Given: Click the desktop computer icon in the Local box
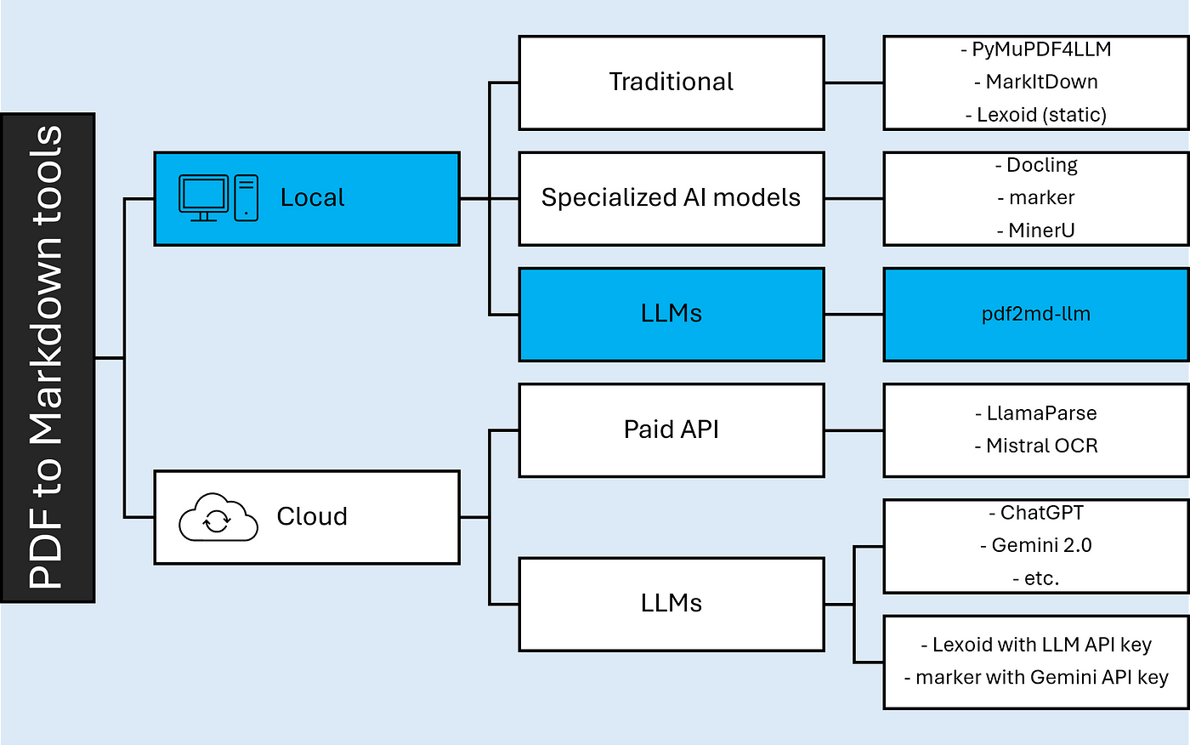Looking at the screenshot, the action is coord(218,197).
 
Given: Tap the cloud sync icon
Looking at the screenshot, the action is coord(218,517).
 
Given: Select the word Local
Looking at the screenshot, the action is coord(313,197).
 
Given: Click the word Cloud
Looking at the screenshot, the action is coord(312,516).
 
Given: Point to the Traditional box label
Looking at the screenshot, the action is coord(671,82).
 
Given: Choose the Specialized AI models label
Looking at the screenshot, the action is coord(671,197).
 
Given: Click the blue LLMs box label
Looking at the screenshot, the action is coord(671,314).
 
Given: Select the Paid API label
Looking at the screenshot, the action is coord(671,429).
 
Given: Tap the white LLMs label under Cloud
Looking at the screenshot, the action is coord(671,603).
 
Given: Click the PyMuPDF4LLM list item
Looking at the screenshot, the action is coord(1036,49).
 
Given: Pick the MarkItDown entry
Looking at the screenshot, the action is coord(1036,82).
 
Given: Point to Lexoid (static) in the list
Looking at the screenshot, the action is coord(1036,115).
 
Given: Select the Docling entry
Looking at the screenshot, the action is coord(1036,165).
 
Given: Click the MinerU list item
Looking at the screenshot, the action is coord(1036,230).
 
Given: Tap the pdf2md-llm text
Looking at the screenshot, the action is coord(1036,314).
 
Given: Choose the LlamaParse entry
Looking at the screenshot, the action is coord(1036,413).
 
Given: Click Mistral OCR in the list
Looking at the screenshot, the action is coord(1036,446).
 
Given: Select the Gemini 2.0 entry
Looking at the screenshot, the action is coord(1036,545).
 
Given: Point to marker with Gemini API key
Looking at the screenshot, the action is coord(1036,678).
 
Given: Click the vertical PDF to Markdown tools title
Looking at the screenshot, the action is coord(47,357).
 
